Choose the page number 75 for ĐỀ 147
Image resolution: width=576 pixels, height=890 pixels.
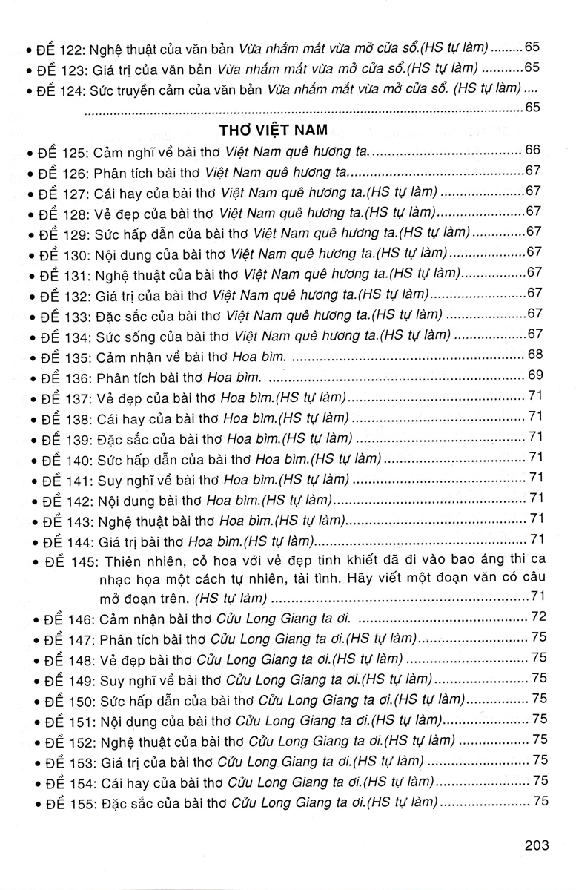[538, 637]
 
